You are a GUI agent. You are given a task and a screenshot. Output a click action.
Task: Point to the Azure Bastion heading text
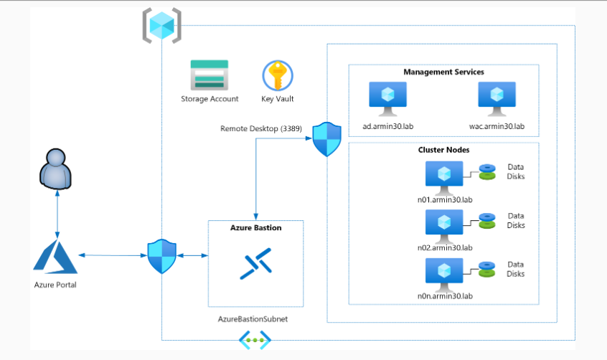pyautogui.click(x=255, y=227)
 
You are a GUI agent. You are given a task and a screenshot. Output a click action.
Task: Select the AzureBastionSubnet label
pyautogui.click(x=253, y=318)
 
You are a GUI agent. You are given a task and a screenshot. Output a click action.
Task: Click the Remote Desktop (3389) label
pyautogui.click(x=261, y=128)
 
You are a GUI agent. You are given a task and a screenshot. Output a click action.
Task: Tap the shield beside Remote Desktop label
pyautogui.click(x=327, y=139)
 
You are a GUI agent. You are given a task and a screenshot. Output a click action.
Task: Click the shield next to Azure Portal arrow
pyautogui.click(x=161, y=256)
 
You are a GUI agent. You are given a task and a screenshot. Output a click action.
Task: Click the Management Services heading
pyautogui.click(x=443, y=72)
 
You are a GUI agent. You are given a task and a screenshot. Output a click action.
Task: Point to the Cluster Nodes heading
pyautogui.click(x=443, y=151)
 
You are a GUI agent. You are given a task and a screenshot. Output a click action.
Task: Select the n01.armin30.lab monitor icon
pyautogui.click(x=444, y=176)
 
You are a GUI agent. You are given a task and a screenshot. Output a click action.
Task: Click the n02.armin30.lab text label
pyautogui.click(x=445, y=247)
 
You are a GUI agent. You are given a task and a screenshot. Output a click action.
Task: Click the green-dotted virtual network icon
pyautogui.click(x=254, y=340)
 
